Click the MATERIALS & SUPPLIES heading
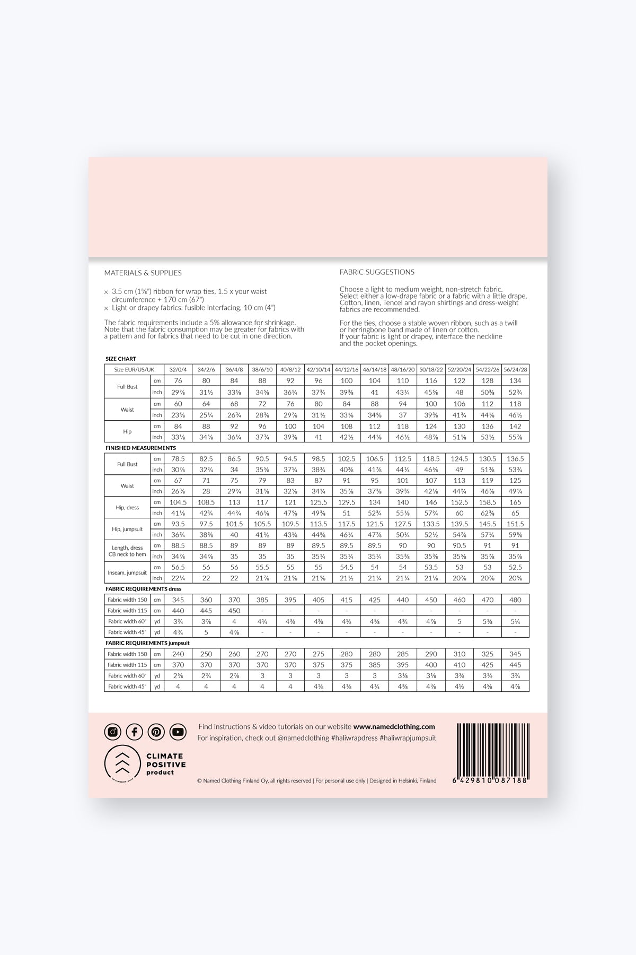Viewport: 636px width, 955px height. [143, 273]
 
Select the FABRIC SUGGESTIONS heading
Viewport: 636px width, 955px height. [377, 272]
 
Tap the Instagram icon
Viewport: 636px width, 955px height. [113, 732]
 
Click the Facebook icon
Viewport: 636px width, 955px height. [135, 732]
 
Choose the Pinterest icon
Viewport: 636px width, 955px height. [156, 732]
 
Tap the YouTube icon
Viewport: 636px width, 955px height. [178, 732]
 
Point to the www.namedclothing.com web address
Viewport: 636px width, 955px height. [394, 727]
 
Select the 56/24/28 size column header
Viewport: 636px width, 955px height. [515, 369]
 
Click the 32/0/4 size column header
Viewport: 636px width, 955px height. [178, 369]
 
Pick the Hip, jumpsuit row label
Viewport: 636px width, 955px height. [127, 529]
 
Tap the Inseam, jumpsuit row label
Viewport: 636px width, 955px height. [127, 572]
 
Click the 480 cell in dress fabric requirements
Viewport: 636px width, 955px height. [515, 600]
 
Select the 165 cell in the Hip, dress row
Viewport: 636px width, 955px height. [515, 502]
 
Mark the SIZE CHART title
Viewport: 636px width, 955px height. [121, 359]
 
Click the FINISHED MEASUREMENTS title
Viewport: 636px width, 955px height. [140, 448]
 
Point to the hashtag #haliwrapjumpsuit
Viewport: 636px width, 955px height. [408, 738]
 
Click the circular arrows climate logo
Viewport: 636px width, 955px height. [122, 764]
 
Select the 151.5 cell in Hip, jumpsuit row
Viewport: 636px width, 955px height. [515, 524]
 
